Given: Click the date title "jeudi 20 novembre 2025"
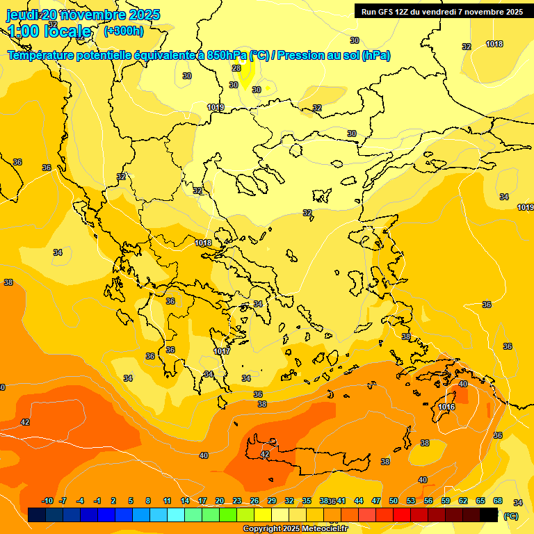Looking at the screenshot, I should (83, 15).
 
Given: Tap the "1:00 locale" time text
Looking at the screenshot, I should (49, 31).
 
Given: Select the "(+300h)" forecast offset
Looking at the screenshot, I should (123, 31).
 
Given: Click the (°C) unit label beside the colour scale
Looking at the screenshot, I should (510, 515).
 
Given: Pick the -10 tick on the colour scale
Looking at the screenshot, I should (47, 501).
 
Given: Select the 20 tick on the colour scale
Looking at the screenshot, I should (220, 501).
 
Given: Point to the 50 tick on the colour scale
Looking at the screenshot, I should (394, 501).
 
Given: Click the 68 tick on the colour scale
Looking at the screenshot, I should (498, 501).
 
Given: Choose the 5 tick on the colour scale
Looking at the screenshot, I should (131, 501).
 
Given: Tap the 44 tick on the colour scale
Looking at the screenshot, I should (359, 501).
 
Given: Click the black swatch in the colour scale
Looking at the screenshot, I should (489, 515).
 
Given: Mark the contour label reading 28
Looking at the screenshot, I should (236, 68).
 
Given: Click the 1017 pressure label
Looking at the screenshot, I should (222, 352).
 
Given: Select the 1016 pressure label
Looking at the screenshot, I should (447, 407).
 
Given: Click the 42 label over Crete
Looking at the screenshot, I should (265, 454).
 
